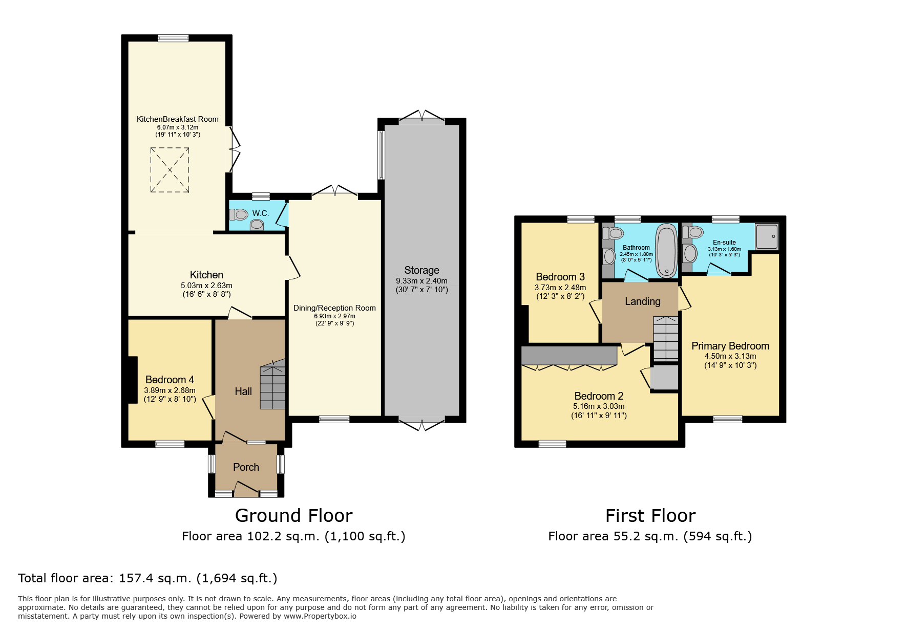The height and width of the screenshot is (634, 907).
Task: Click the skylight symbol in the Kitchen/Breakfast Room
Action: click(170, 170)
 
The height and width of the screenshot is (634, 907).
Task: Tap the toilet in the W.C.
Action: click(239, 214)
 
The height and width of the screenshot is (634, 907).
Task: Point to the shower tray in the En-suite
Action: click(767, 236)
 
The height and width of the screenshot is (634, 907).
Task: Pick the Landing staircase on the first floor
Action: click(666, 338)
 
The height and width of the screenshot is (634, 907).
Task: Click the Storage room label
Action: click(421, 270)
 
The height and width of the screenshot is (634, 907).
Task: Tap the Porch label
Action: click(246, 467)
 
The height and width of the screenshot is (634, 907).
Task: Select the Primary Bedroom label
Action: click(730, 346)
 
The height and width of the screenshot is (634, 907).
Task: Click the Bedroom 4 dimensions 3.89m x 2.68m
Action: click(170, 390)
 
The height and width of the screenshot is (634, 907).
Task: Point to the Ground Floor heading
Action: click(294, 515)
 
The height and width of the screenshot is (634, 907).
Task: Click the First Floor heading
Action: click(650, 515)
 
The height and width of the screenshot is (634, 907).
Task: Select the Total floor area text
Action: click(147, 578)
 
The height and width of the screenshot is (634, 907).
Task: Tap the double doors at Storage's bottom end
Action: click(422, 424)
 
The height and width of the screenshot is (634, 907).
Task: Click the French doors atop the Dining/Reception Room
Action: click(334, 190)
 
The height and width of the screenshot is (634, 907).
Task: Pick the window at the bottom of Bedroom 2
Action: click(552, 444)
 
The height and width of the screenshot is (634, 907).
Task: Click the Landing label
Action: click(643, 301)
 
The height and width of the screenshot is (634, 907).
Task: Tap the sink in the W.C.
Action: click(257, 225)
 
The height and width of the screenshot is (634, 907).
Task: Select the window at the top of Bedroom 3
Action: click(581, 220)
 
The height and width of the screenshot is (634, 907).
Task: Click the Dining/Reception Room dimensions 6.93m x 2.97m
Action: click(334, 316)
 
